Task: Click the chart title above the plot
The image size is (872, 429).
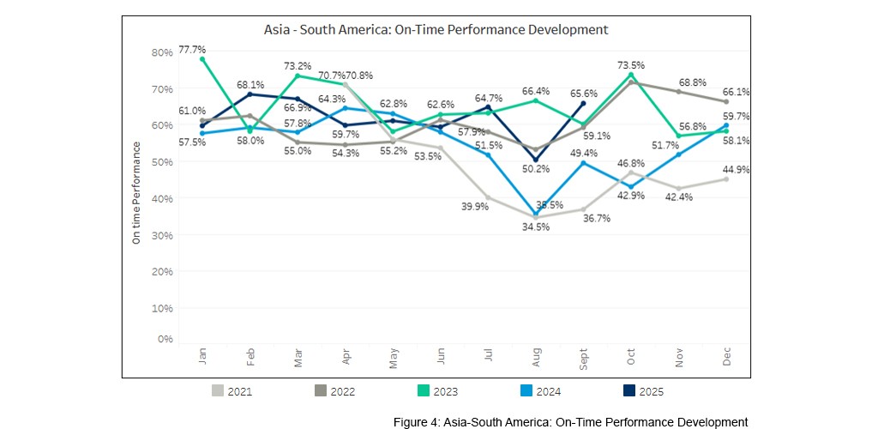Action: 436,29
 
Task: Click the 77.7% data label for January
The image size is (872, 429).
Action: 192,50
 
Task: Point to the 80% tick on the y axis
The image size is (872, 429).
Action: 161,52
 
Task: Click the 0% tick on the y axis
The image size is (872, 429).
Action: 165,339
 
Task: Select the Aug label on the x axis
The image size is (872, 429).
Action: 536,359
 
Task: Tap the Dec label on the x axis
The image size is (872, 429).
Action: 727,359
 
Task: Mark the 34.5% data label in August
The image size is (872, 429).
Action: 536,227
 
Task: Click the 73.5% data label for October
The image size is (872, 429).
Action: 630,64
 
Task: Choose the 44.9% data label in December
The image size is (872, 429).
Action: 737,170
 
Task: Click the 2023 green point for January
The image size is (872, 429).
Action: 202,59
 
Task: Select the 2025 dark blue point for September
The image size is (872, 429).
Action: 583,103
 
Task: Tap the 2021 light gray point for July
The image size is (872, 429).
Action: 488,197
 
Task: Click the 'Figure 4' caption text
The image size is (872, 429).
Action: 570,422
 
